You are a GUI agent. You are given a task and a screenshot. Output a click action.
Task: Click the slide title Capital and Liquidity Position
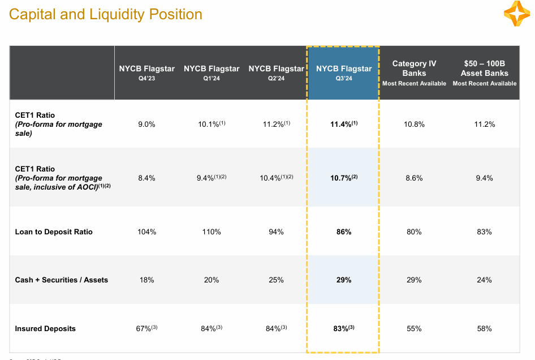(106, 14)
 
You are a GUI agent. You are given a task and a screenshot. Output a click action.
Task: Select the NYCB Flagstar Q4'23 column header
(146, 73)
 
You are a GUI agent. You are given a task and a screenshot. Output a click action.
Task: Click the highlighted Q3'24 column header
(344, 73)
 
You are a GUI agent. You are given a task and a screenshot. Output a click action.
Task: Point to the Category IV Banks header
(414, 73)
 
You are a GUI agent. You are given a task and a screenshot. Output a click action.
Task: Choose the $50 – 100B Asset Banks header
(485, 73)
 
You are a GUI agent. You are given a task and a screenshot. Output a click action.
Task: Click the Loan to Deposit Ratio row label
(54, 232)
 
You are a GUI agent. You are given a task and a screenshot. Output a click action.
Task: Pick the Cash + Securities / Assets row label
(61, 280)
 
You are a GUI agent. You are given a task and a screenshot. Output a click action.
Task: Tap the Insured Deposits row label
(45, 328)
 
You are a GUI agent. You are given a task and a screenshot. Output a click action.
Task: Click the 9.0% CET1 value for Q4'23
(146, 124)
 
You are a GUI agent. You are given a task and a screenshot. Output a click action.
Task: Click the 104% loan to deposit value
(146, 232)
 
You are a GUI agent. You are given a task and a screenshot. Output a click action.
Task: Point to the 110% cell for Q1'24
(211, 232)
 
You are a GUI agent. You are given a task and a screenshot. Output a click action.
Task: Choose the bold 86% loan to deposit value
(344, 232)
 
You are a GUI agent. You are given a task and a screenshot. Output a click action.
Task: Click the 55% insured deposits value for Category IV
(414, 328)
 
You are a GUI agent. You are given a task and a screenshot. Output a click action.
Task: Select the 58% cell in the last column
(485, 328)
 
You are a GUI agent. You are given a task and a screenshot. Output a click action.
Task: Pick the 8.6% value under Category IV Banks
(414, 178)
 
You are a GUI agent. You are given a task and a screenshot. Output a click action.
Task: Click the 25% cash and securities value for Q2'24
(276, 280)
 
